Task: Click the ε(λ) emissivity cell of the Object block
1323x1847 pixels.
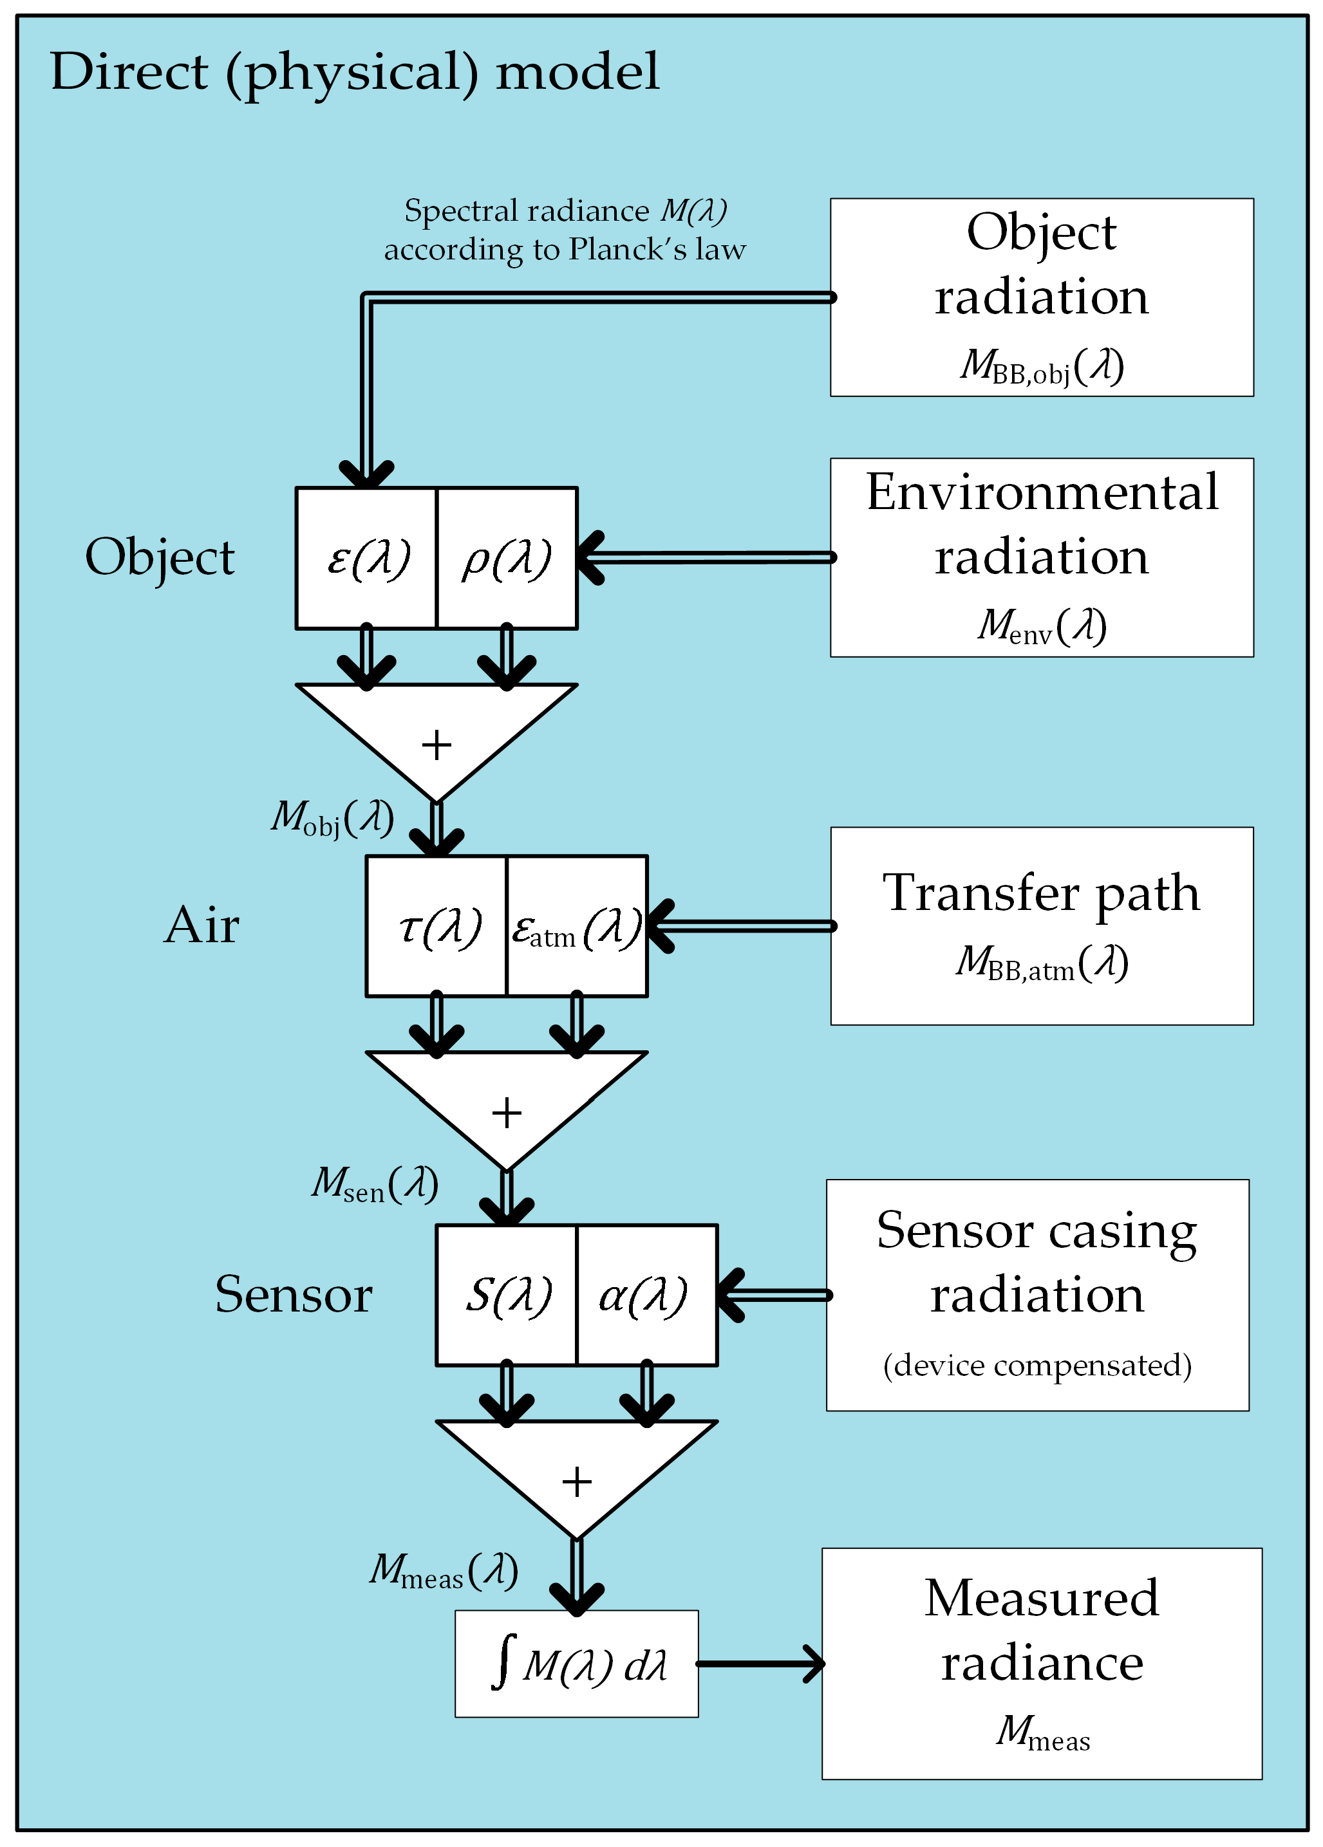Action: (366, 559)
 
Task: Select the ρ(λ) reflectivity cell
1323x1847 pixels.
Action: (507, 559)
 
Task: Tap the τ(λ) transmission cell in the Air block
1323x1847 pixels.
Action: (438, 927)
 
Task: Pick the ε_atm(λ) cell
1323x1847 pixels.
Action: (577, 927)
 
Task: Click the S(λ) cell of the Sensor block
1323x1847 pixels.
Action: (507, 1295)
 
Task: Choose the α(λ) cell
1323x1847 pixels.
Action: (646, 1295)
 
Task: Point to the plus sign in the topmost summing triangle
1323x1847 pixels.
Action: (436, 745)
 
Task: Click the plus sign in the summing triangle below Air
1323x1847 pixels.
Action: (507, 1113)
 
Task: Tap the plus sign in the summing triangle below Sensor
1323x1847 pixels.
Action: (577, 1481)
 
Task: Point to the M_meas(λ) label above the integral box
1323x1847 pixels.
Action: (444, 1570)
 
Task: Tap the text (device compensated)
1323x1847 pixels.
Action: (1037, 1365)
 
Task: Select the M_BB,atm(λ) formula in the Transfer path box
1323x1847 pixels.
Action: (1042, 963)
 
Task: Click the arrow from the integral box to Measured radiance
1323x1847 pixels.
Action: (762, 1664)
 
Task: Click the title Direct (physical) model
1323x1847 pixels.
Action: (354, 71)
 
